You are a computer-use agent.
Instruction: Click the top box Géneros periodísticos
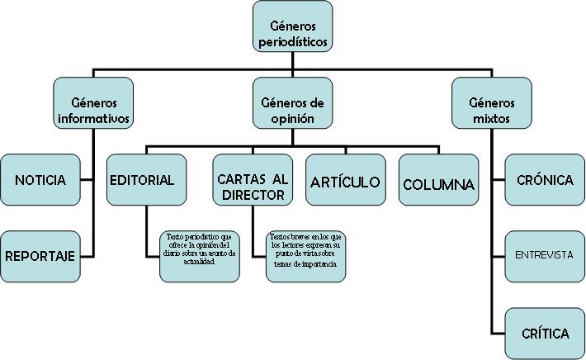click(x=292, y=27)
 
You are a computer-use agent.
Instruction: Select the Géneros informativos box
click(x=93, y=103)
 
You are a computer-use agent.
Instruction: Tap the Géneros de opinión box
click(x=292, y=103)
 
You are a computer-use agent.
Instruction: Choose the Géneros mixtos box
click(x=491, y=103)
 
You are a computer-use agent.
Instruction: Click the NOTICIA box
click(x=40, y=180)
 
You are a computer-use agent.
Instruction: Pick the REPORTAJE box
click(x=40, y=256)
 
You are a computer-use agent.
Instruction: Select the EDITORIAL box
click(x=142, y=180)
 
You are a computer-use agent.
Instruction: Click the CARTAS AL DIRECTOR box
click(x=252, y=180)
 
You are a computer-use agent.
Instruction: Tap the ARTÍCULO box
click(x=345, y=180)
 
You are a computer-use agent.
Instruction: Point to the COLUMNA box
click(x=438, y=180)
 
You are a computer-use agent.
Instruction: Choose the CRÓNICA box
click(x=544, y=180)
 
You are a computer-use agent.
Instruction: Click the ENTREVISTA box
click(x=544, y=255)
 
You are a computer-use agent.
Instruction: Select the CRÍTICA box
click(x=544, y=333)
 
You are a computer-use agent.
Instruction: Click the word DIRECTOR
click(x=253, y=196)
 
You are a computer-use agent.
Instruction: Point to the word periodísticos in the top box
click(x=292, y=39)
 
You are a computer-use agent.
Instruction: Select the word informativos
click(x=94, y=118)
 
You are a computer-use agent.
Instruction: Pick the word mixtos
click(x=491, y=118)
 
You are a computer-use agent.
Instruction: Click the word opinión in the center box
click(x=293, y=118)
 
